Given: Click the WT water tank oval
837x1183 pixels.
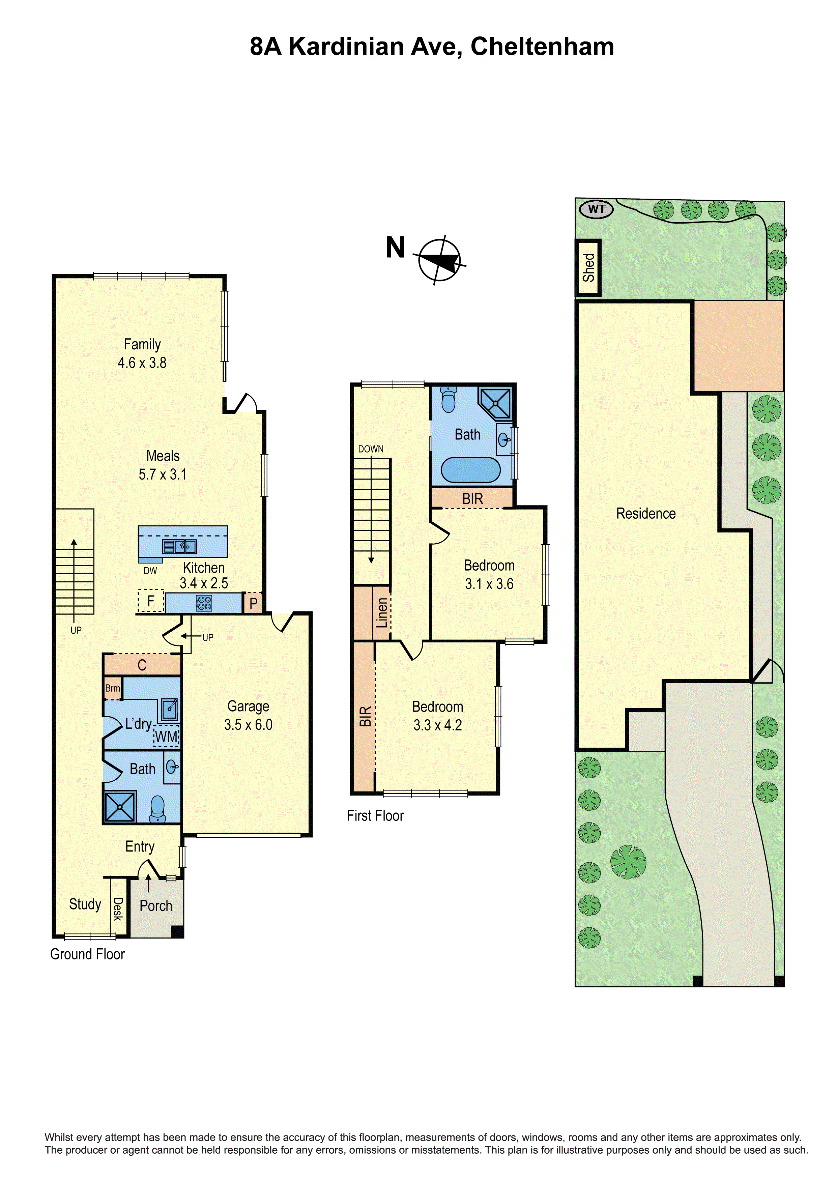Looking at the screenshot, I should (596, 209).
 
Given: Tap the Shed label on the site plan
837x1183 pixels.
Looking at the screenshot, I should (588, 267).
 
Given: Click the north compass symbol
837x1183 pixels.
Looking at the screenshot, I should (439, 260).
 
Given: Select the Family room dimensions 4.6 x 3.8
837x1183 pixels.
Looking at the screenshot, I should (142, 363).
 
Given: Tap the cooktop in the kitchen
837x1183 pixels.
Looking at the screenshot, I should (204, 603).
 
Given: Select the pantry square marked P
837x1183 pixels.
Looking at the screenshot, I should (253, 603).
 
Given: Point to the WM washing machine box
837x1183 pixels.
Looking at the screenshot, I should (166, 737).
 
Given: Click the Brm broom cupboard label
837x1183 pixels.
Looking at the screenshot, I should (112, 688).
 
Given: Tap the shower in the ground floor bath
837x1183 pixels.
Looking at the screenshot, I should (120, 806).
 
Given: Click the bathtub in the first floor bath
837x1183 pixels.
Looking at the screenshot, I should (470, 470).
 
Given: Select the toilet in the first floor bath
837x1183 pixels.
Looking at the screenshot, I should (449, 399).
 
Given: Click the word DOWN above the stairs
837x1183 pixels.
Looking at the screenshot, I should (371, 449).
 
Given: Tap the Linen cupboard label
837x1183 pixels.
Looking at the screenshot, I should (381, 613).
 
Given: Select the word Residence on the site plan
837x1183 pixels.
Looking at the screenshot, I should (646, 513).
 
